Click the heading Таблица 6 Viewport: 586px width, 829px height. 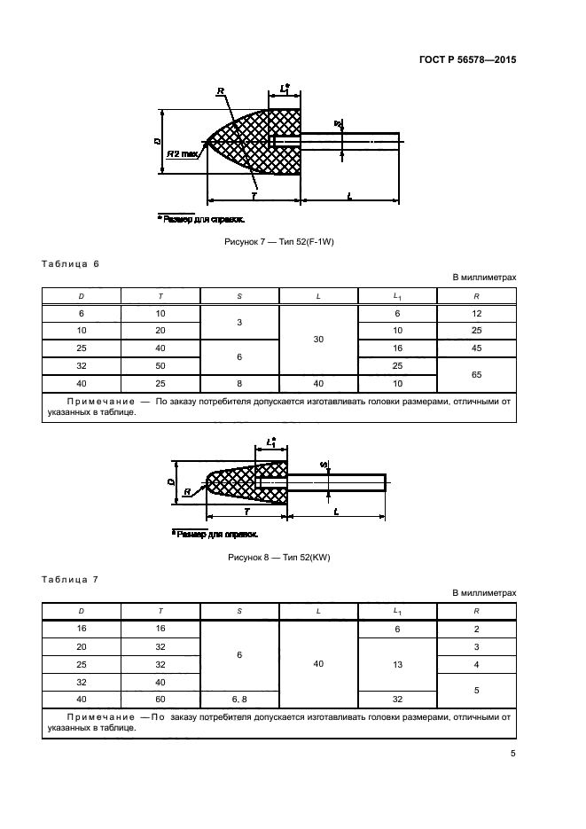click(x=71, y=264)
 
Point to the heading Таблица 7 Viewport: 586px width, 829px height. click(x=71, y=580)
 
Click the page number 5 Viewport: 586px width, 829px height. click(x=513, y=754)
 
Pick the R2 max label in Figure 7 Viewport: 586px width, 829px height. click(x=183, y=153)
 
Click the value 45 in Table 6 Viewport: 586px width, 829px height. click(x=476, y=348)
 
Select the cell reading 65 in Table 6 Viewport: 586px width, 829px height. click(x=476, y=374)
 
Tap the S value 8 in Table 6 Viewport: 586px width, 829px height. click(x=239, y=383)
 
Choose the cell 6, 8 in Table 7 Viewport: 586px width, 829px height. click(x=239, y=699)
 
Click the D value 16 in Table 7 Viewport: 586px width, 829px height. click(x=82, y=628)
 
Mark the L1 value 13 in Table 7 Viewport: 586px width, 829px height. click(x=397, y=663)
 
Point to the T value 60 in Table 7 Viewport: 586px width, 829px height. click(x=160, y=699)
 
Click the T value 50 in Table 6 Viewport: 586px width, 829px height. click(x=160, y=365)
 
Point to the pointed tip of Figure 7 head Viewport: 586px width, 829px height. click(x=207, y=142)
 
